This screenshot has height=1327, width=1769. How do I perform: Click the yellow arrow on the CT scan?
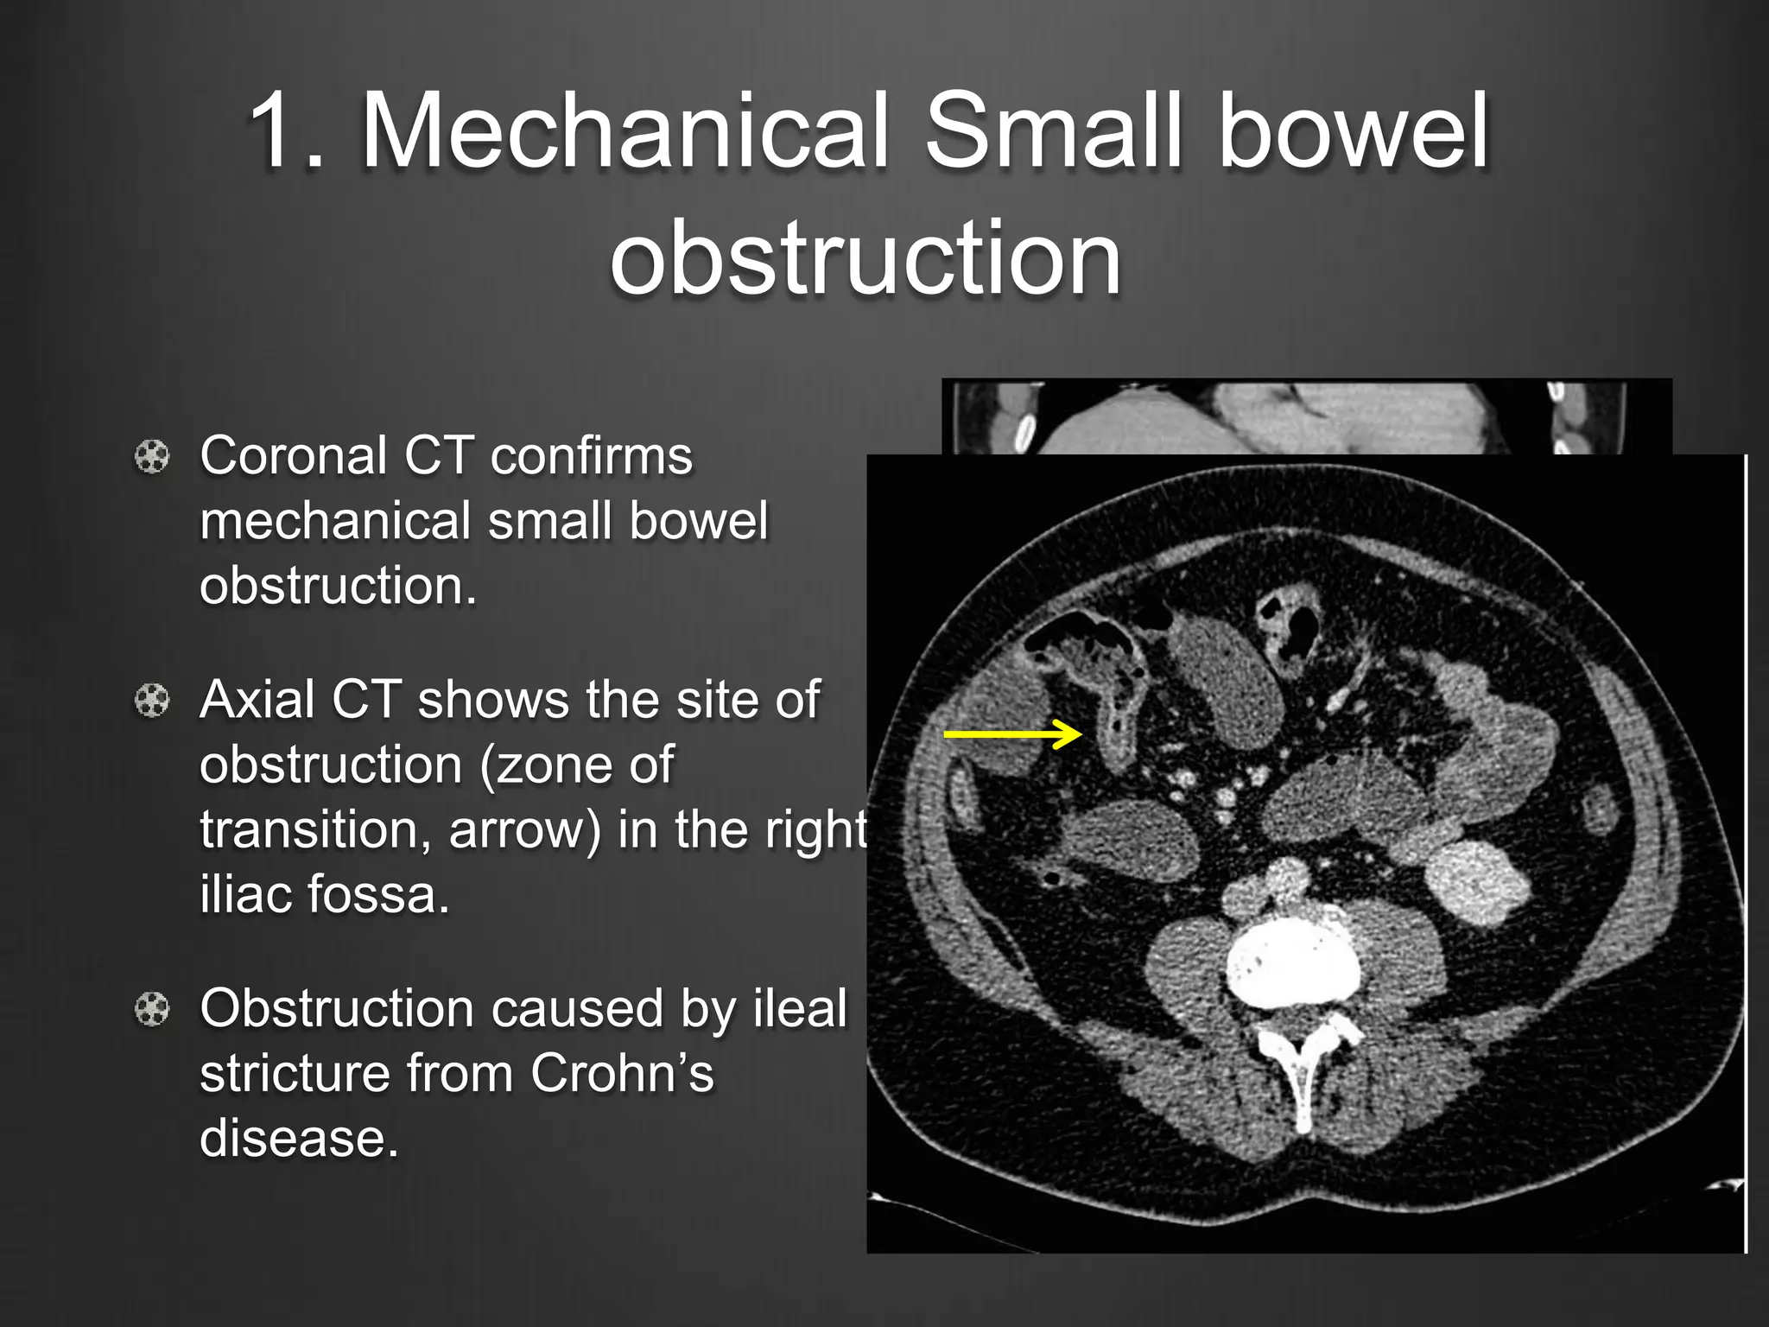[1012, 734]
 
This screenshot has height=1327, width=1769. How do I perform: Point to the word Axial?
[257, 699]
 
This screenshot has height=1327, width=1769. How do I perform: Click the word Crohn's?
[622, 1073]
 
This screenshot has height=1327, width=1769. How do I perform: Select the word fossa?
[378, 893]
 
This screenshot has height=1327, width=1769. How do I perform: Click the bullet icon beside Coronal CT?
[153, 456]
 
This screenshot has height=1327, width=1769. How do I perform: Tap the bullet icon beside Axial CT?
[153, 700]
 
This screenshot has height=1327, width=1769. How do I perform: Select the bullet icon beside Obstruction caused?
[153, 1009]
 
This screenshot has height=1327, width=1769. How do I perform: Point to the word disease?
[299, 1138]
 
